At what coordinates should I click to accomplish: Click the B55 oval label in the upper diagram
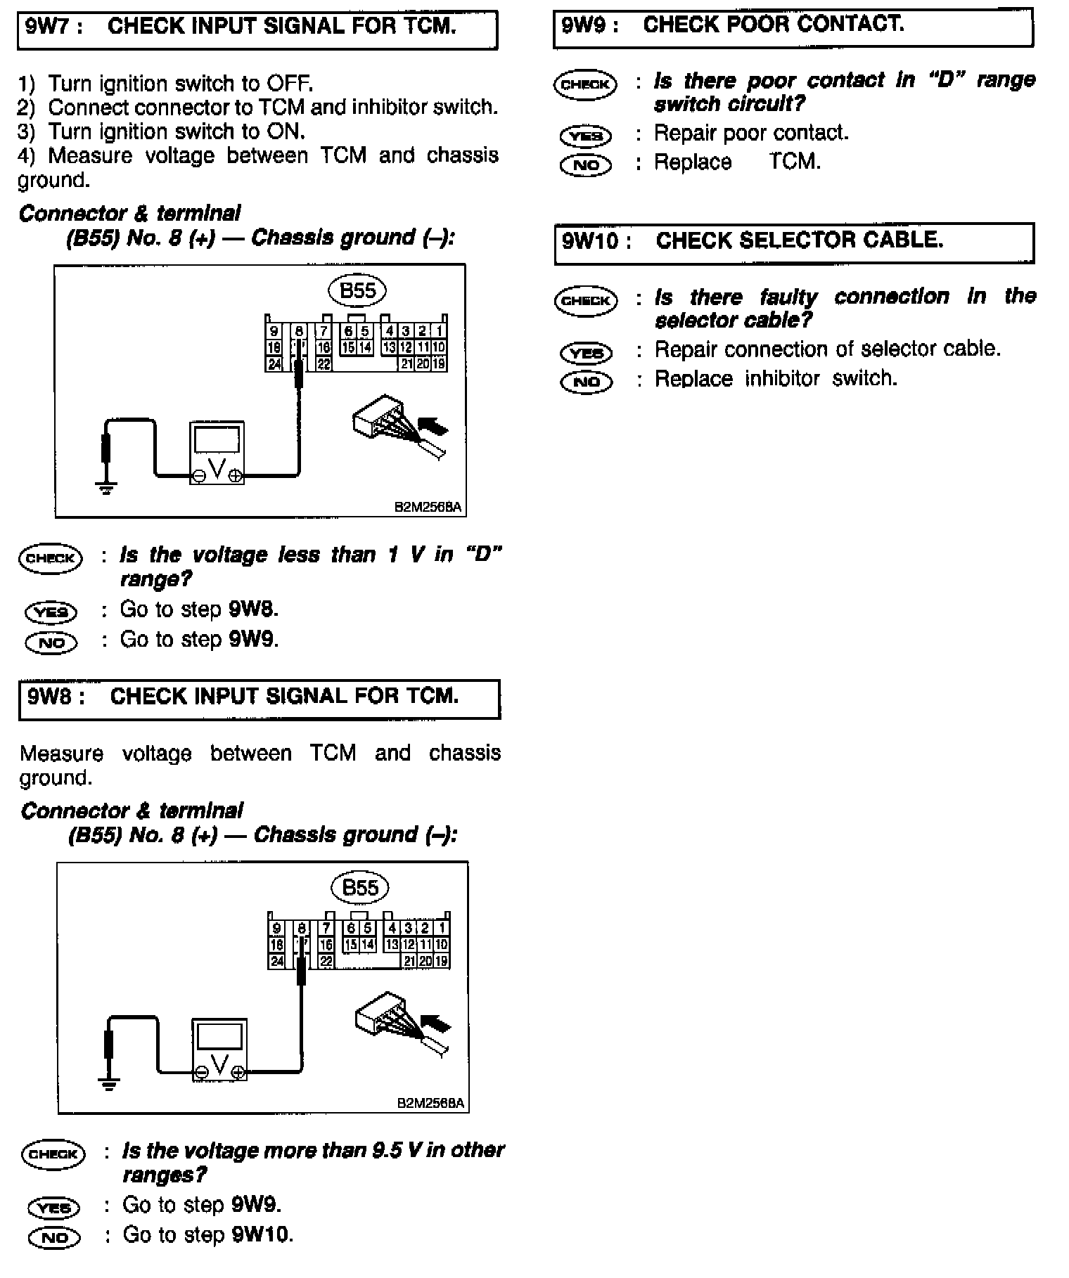[357, 290]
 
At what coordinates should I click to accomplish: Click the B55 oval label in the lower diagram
[359, 888]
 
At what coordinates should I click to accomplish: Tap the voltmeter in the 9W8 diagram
[220, 1049]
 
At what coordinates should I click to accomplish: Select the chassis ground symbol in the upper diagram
[106, 487]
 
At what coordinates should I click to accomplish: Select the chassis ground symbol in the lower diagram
[108, 1083]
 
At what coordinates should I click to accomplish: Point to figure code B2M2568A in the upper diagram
[429, 507]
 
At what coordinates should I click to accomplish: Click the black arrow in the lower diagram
[437, 1022]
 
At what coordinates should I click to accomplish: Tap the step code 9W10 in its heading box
[590, 241]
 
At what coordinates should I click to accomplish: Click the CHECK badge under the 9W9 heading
[585, 84]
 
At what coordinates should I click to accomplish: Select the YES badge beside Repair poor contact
[586, 135]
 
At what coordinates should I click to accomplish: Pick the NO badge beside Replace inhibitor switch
[586, 381]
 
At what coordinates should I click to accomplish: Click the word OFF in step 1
[289, 84]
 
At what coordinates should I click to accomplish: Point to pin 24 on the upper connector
[274, 363]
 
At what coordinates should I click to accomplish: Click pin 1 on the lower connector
[442, 929]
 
